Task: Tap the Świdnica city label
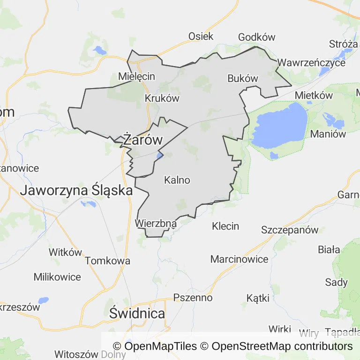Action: (x=137, y=314)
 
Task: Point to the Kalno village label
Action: (x=177, y=180)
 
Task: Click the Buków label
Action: (x=243, y=78)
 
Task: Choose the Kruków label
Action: (x=162, y=98)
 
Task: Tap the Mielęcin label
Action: (x=136, y=76)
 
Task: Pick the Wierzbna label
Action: (x=156, y=224)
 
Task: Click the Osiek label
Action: (x=201, y=36)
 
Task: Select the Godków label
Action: (x=257, y=37)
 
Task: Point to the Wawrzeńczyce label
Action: (x=311, y=62)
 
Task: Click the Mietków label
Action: (x=314, y=96)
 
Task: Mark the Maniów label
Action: (x=328, y=134)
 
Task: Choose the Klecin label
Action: (x=225, y=226)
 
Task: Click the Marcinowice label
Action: (x=239, y=259)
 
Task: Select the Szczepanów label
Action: (x=290, y=230)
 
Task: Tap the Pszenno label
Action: (x=193, y=298)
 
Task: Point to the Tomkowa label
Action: (x=108, y=261)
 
